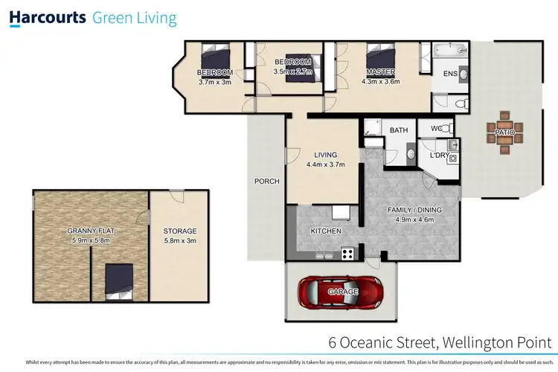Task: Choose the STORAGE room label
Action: click(x=179, y=231)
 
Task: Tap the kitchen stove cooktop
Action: click(x=347, y=254)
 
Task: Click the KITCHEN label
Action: click(x=325, y=231)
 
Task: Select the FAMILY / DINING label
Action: click(x=414, y=210)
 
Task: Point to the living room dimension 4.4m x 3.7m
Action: click(x=324, y=165)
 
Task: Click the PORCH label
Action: click(x=266, y=181)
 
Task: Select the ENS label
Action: click(x=450, y=74)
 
